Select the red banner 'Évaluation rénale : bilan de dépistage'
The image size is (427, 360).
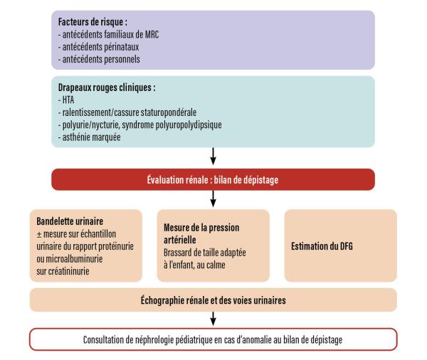point(213,179)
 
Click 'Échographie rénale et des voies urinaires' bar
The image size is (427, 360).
point(213,301)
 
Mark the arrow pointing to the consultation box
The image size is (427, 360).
point(213,320)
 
